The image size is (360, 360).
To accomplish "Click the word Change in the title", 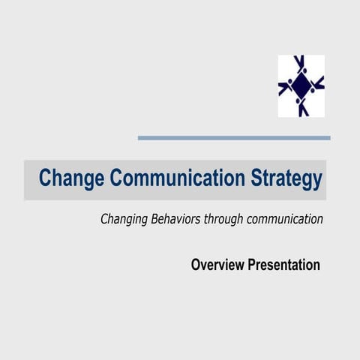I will tap(71, 179).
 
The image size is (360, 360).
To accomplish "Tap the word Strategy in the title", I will tap(287, 180).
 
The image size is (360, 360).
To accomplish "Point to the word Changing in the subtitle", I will tap(124, 220).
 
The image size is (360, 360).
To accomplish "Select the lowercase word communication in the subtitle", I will tap(288, 220).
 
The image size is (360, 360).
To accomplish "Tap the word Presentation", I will tap(286, 265).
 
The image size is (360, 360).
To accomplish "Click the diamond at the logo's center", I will tap(301, 85).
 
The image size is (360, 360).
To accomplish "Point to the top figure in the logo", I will tap(301, 64).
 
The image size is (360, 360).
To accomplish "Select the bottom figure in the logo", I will tap(302, 106).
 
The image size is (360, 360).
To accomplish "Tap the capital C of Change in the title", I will tap(45, 179).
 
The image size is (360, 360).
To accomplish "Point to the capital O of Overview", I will tap(196, 265).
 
